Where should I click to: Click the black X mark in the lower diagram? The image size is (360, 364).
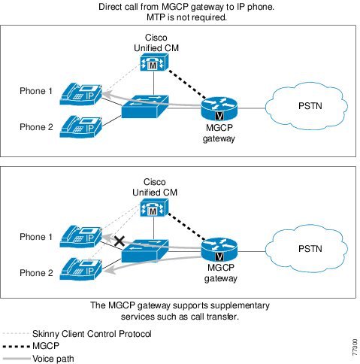pyautogui.click(x=119, y=241)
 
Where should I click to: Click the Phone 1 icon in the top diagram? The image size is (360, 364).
pyautogui.click(x=80, y=94)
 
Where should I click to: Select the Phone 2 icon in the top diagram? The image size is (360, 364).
pyautogui.click(x=80, y=126)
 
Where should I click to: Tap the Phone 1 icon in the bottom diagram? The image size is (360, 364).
pyautogui.click(x=80, y=236)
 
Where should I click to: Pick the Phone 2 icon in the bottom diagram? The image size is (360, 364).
pyautogui.click(x=80, y=269)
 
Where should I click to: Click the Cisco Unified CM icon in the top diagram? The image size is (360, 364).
pyautogui.click(x=154, y=62)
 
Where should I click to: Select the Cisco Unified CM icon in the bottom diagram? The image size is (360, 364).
pyautogui.click(x=154, y=208)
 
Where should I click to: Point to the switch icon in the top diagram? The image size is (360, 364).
pyautogui.click(x=145, y=107)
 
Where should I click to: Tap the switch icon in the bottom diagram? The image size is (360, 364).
pyautogui.click(x=145, y=251)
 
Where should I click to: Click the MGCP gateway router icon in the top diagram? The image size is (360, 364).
pyautogui.click(x=219, y=108)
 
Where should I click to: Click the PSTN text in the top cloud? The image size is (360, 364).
pyautogui.click(x=310, y=106)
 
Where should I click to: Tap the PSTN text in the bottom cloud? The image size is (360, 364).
pyautogui.click(x=310, y=249)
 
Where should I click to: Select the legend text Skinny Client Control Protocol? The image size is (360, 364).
pyautogui.click(x=92, y=334)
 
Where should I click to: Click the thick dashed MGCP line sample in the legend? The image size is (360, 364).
pyautogui.click(x=17, y=347)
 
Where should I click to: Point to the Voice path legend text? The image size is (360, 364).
pyautogui.click(x=53, y=359)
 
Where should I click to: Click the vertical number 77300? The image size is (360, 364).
pyautogui.click(x=355, y=347)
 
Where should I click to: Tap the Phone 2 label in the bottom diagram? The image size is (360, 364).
pyautogui.click(x=36, y=273)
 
